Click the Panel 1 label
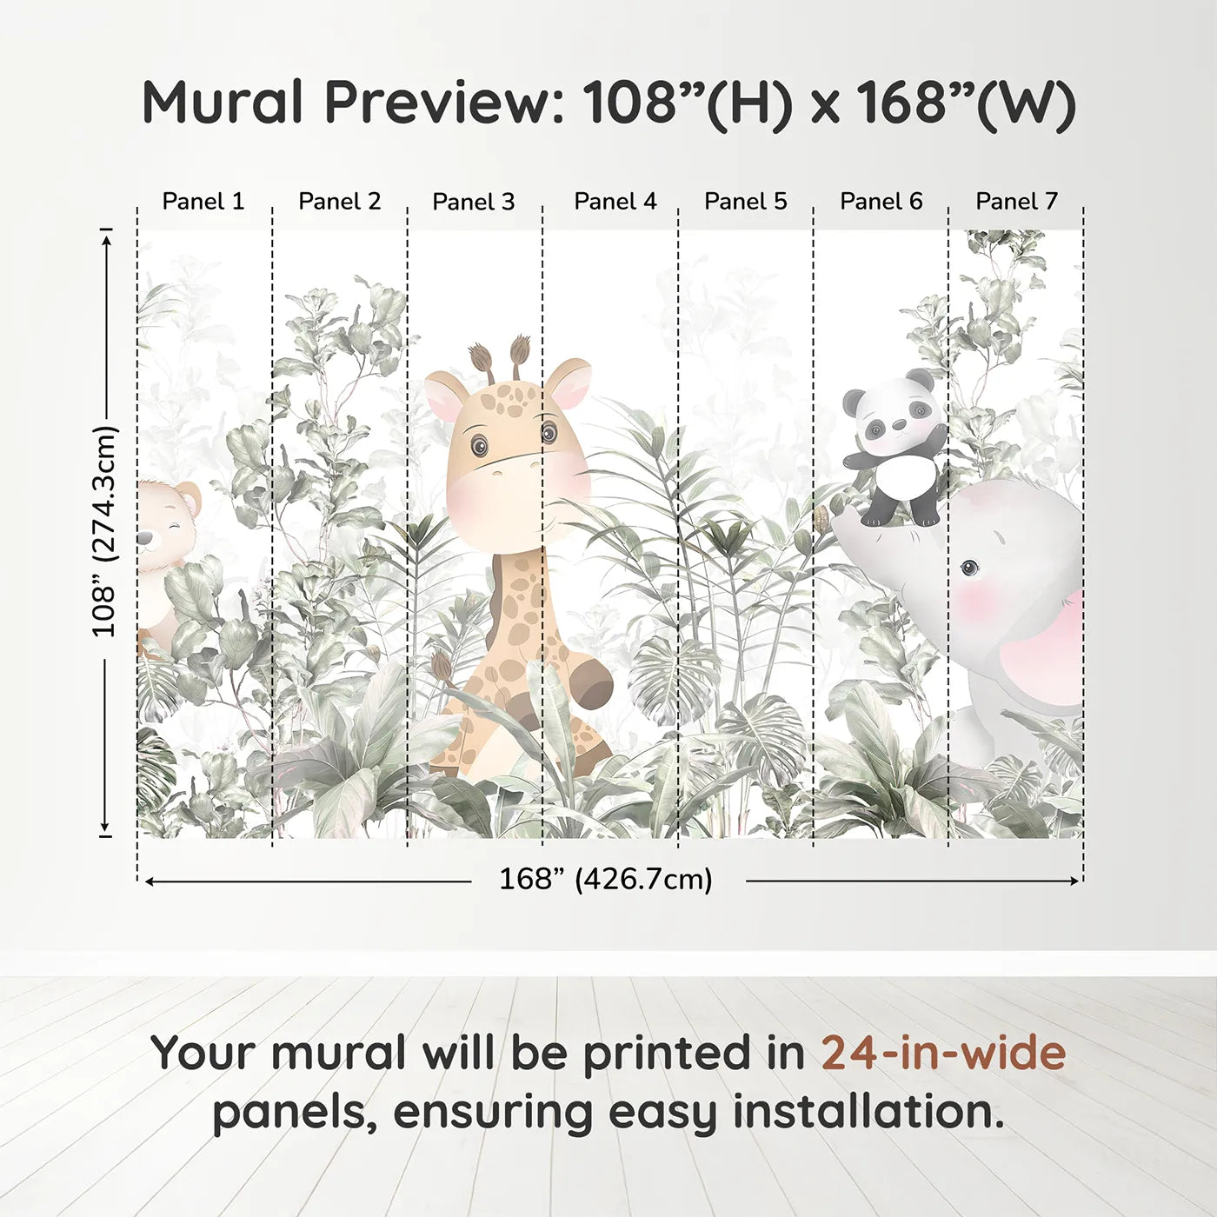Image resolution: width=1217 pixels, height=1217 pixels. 203,202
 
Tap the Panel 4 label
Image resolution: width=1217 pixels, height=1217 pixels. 615,202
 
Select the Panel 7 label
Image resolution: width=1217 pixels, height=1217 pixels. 1016,202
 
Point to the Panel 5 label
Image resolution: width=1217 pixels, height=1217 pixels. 745,202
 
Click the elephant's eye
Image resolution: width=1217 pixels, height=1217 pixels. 968,569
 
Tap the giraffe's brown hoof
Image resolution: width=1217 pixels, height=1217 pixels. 592,682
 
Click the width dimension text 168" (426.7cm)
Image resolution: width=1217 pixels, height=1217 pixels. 606,880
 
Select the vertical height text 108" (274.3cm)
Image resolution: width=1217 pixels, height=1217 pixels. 104,531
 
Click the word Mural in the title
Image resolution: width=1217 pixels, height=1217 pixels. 223,103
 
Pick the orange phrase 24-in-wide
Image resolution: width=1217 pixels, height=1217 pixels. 943,1054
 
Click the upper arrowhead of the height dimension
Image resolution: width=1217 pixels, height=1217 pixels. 106,236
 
